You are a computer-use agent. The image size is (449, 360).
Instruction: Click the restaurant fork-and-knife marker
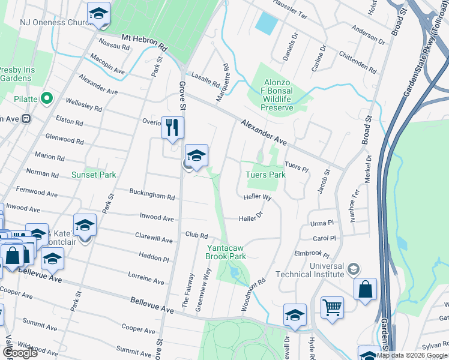(x=172, y=128)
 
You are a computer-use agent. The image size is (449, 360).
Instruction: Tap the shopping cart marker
(x=331, y=308)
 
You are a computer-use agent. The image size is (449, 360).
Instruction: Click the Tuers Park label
(x=265, y=175)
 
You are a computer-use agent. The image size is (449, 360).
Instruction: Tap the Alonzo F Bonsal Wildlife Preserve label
(x=277, y=96)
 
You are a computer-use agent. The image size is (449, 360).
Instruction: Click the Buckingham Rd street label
(x=152, y=194)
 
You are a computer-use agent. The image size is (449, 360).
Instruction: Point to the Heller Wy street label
(x=258, y=197)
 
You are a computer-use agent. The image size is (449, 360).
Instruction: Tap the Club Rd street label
(x=196, y=235)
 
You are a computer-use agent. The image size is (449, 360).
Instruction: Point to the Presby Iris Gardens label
(x=17, y=74)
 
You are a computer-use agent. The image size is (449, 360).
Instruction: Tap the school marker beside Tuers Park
(x=196, y=156)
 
